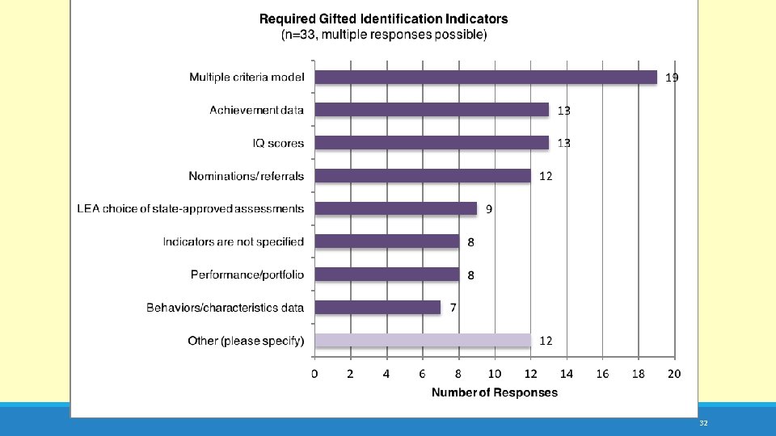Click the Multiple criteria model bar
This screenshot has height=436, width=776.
[x=486, y=78]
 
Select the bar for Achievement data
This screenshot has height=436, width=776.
[x=432, y=110]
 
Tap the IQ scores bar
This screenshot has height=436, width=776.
[x=432, y=143]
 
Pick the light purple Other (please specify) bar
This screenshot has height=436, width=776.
[x=423, y=340]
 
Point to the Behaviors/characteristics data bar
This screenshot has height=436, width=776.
[x=377, y=308]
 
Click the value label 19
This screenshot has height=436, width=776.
[x=672, y=78]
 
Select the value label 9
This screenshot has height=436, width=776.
[x=489, y=209]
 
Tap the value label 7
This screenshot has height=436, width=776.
[x=453, y=308]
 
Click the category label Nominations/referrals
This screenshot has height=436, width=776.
[x=246, y=176]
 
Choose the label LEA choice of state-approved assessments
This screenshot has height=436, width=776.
[x=191, y=208]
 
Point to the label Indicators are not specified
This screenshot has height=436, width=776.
[x=233, y=241]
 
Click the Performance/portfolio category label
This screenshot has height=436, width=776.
[x=247, y=275]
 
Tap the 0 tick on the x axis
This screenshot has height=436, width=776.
[x=314, y=374]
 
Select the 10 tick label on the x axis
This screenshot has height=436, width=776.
[x=495, y=374]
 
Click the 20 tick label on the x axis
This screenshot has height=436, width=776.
[x=674, y=374]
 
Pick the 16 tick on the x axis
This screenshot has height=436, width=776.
[x=602, y=374]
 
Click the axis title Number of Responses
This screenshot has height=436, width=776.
[x=495, y=392]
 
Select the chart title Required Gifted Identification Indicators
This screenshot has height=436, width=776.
[x=383, y=19]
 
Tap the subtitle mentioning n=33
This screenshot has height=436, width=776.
[x=384, y=35]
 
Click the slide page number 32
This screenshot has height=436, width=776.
[x=704, y=423]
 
